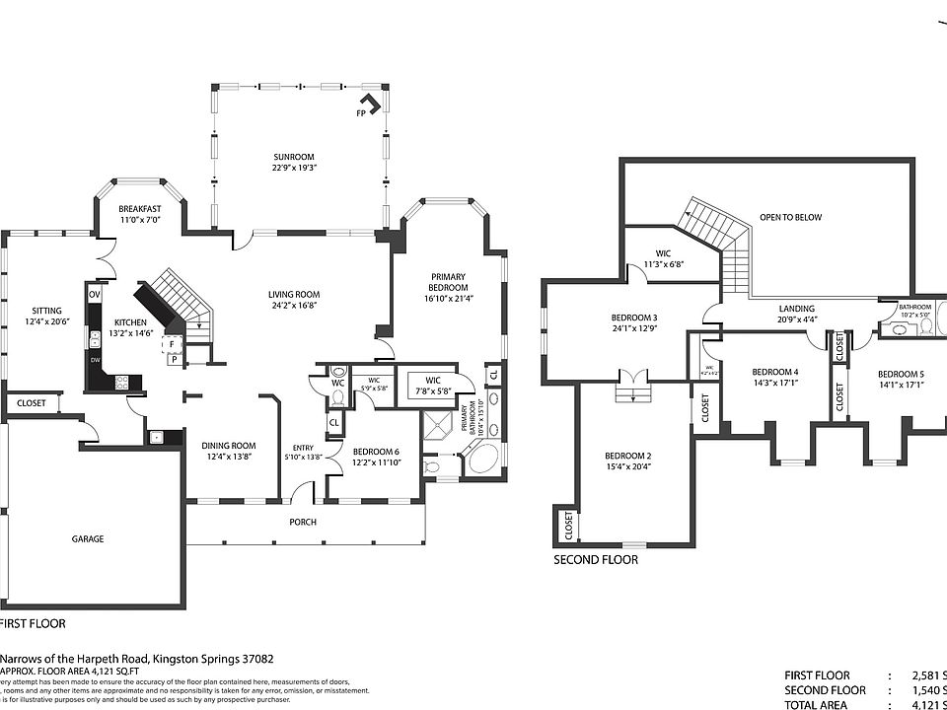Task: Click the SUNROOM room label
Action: pos(294,157)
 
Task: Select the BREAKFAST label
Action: pos(139,209)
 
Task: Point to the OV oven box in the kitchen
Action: pos(95,294)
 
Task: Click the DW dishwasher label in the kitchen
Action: pos(95,360)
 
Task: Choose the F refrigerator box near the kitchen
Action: pos(171,344)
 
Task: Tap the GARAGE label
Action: pos(87,538)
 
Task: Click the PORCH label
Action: pos(303,522)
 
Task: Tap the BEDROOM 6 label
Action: pos(376,452)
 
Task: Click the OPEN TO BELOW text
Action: pos(790,217)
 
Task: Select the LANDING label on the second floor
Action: pos(796,309)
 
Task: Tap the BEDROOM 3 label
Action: pos(635,317)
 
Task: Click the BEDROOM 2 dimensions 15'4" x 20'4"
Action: pos(628,466)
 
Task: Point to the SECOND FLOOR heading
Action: pos(595,559)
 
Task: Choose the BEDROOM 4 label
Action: pos(774,372)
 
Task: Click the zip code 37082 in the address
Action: pos(253,658)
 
